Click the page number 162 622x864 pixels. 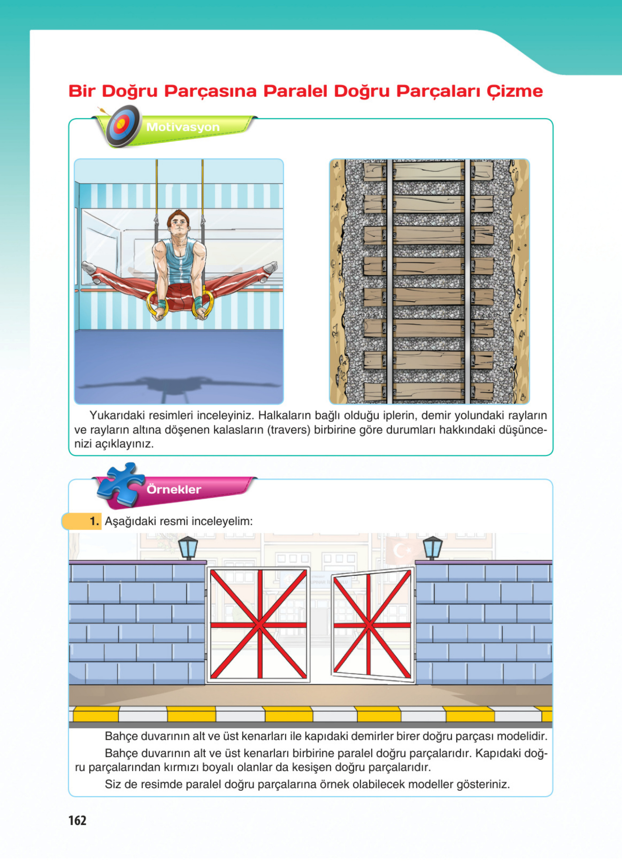77,820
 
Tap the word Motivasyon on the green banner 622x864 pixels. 183,127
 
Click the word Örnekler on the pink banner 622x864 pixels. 174,489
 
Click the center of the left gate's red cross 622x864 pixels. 259,625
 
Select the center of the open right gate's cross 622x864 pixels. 368,625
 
